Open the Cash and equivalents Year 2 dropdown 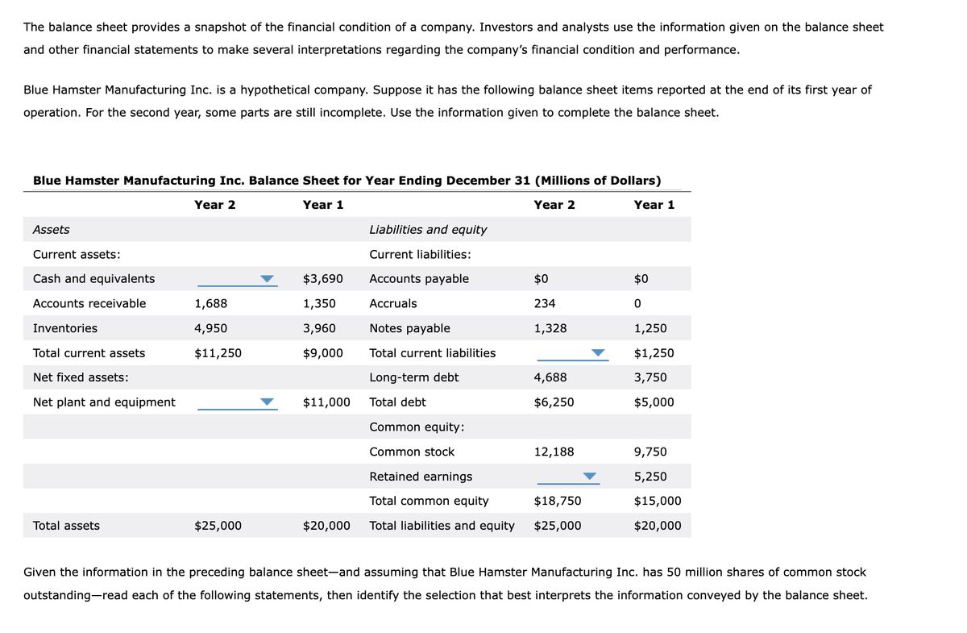pos(236,279)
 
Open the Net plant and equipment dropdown pos(236,402)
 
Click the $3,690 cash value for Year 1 pos(322,279)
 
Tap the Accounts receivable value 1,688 pos(211,304)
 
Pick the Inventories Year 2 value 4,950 pos(211,328)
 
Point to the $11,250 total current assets pos(218,353)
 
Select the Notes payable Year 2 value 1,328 pos(550,328)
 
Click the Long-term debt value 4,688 pos(550,377)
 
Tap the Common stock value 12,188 pos(554,452)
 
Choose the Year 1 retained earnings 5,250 pos(650,477)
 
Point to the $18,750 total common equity pos(557,501)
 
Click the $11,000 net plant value pos(326,402)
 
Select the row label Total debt pos(397,402)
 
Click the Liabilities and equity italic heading pos(428,230)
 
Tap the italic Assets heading pos(51,230)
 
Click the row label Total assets pos(66,526)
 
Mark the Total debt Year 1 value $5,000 pos(654,402)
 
